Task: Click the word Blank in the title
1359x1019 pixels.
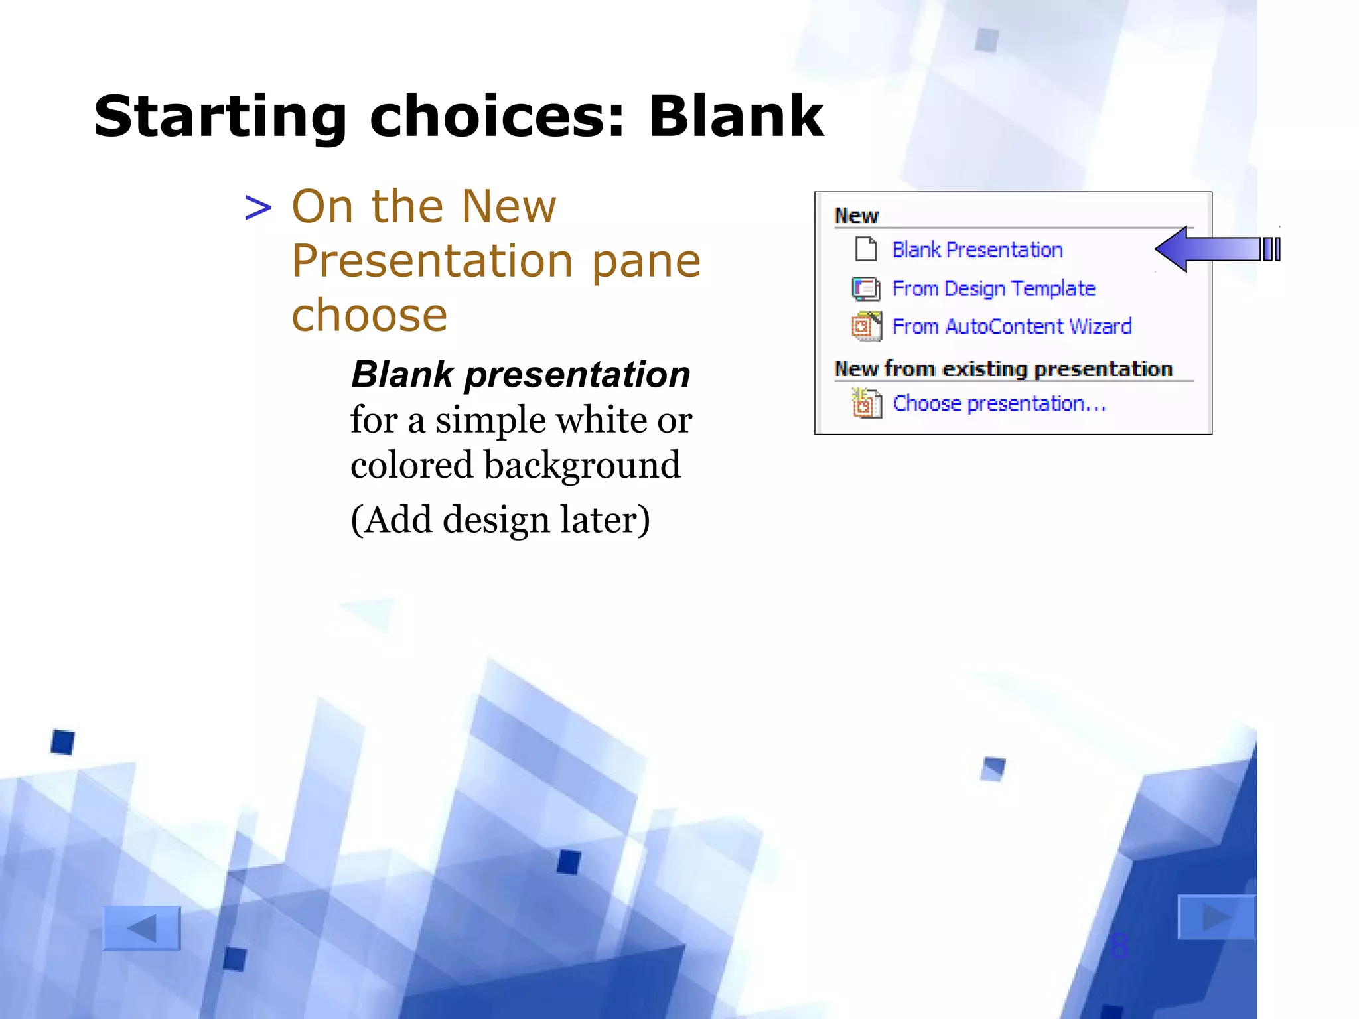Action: coord(735,117)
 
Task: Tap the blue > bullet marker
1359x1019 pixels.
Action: coord(258,208)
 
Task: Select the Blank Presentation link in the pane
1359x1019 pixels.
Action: coord(977,250)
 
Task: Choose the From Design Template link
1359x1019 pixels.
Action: coord(993,289)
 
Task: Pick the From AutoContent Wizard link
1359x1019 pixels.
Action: coord(1011,327)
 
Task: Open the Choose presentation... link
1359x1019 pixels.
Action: coord(999,403)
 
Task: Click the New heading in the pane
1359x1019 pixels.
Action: coord(856,216)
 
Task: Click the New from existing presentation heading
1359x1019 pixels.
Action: coord(1003,369)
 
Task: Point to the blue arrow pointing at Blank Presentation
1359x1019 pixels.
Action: coord(1214,249)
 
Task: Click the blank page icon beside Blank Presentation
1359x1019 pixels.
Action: coord(866,249)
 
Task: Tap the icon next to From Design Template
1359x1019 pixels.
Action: coord(866,289)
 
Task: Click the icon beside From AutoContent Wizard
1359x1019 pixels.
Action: coord(866,326)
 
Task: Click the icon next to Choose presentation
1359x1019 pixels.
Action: coord(866,403)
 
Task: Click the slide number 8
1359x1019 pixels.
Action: coord(1119,945)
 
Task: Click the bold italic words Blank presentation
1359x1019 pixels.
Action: coord(521,375)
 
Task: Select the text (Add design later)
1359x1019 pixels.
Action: coord(500,519)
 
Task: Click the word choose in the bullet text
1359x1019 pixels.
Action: coord(370,316)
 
